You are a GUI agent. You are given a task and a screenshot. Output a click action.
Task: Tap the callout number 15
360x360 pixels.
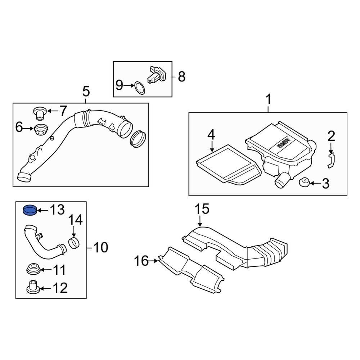tap(202, 209)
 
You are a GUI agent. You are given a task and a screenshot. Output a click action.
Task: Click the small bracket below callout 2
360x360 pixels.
tap(331, 161)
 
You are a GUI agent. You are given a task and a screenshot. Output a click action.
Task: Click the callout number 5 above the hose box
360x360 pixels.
tap(86, 92)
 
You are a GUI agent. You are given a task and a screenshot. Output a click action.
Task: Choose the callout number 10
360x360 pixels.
tap(100, 247)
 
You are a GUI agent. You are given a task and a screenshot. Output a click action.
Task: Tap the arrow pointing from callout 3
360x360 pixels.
tap(315, 184)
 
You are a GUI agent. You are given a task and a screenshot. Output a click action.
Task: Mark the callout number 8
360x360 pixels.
tap(181, 76)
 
